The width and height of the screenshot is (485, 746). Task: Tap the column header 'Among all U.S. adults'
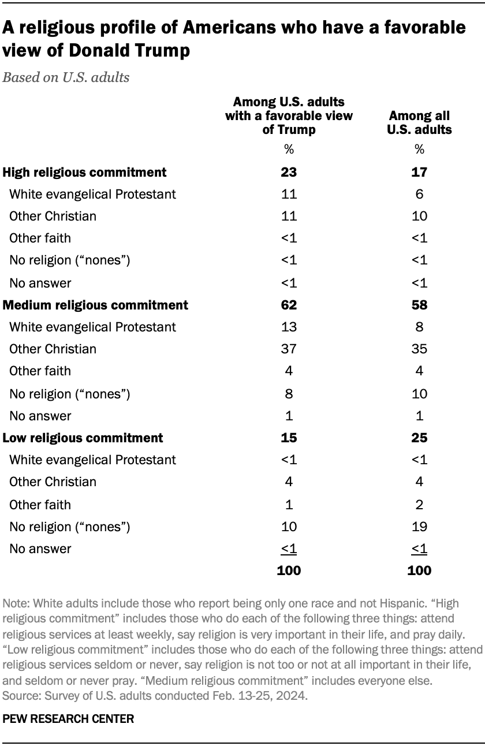pyautogui.click(x=419, y=123)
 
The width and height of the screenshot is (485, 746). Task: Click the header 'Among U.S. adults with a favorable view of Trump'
pyautogui.click(x=289, y=115)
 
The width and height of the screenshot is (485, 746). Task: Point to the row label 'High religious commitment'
pyautogui.click(x=85, y=172)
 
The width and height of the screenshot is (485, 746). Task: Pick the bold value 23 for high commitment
pyautogui.click(x=289, y=172)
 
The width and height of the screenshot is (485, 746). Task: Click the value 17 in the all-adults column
pyautogui.click(x=419, y=172)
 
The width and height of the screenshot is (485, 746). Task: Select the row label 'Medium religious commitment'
pyautogui.click(x=95, y=305)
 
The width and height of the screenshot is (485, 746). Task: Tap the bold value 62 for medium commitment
pyautogui.click(x=289, y=305)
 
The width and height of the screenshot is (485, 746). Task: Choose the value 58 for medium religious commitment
pyautogui.click(x=419, y=305)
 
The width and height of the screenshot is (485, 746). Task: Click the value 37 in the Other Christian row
pyautogui.click(x=289, y=349)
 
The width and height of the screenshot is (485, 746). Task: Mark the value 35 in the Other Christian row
pyautogui.click(x=419, y=349)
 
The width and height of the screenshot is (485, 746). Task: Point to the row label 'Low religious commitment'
pyautogui.click(x=83, y=438)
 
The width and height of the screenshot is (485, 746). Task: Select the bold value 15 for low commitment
pyautogui.click(x=289, y=438)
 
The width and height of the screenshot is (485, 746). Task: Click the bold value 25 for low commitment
pyautogui.click(x=419, y=438)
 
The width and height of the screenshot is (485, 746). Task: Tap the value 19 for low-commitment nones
pyautogui.click(x=419, y=527)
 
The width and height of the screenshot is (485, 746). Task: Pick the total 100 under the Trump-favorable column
pyautogui.click(x=289, y=570)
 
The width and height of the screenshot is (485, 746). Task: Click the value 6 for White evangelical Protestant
pyautogui.click(x=419, y=194)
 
